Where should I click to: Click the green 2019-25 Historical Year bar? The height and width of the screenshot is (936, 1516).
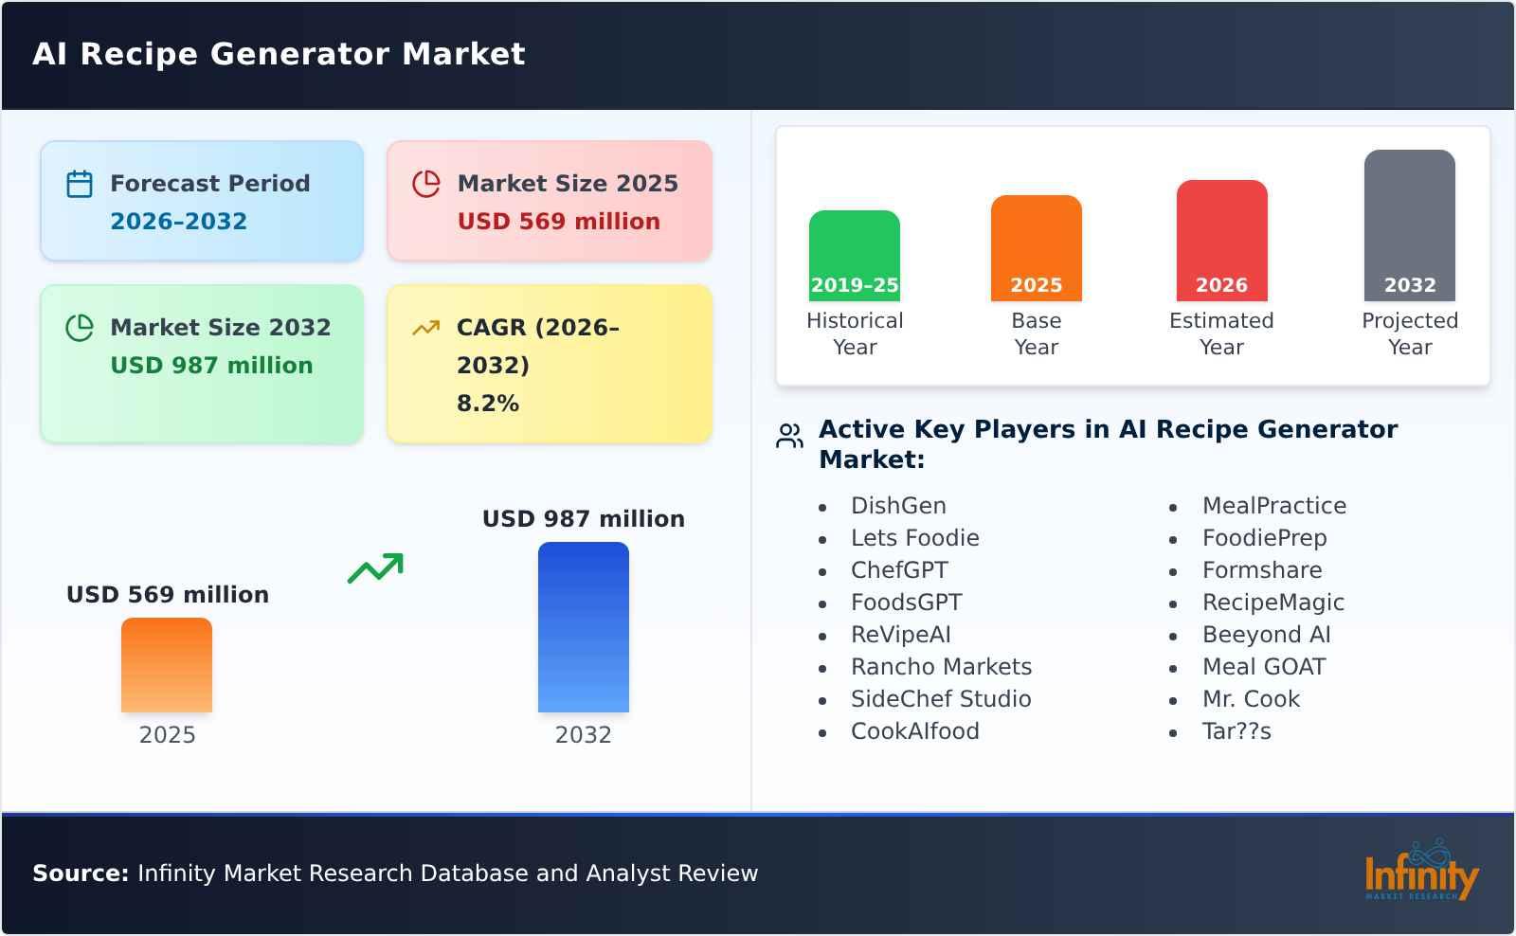pos(854,255)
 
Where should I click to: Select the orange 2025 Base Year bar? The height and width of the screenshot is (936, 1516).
pos(1036,247)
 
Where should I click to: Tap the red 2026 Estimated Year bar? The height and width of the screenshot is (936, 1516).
pos(1221,240)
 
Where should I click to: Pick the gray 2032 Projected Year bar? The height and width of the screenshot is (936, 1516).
pos(1409,225)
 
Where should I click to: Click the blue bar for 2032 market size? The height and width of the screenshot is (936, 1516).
pos(583,626)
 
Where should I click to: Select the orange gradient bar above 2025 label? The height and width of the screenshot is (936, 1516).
pos(167,664)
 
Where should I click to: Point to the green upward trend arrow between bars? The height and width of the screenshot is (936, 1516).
pos(375,568)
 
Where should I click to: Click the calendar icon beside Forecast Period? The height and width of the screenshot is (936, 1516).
pos(80,184)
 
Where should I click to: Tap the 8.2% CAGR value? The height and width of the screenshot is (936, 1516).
pos(487,403)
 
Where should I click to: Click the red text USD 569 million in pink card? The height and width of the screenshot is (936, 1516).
pos(558,221)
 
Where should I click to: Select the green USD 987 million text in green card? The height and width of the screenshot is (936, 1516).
pos(211,365)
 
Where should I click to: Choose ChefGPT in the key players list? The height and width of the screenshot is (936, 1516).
pos(898,569)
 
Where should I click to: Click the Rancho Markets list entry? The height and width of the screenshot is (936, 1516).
pos(940,666)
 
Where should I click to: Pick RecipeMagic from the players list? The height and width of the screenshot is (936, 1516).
pos(1272,602)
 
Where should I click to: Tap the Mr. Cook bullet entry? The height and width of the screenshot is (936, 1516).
pos(1250,698)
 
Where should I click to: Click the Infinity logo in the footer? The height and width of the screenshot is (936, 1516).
pos(1420,873)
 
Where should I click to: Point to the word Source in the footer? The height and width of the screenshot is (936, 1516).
pos(80,873)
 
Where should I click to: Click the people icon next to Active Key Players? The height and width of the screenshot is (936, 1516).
pos(789,436)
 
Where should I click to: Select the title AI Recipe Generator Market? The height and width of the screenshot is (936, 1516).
pos(279,54)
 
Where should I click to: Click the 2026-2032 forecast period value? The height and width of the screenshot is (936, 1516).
pos(178,221)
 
